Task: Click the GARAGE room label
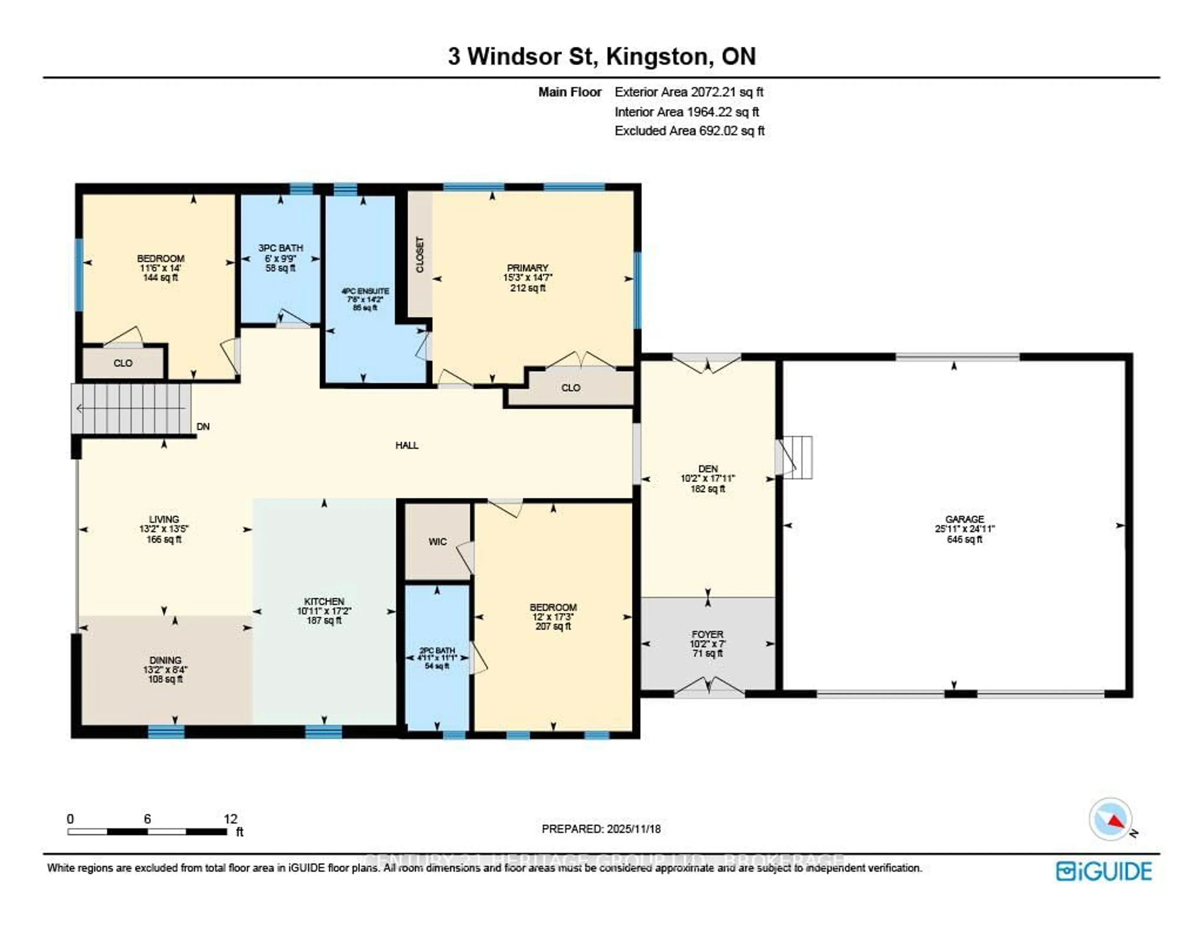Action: point(964,519)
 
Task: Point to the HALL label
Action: point(407,445)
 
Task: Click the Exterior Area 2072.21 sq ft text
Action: point(689,92)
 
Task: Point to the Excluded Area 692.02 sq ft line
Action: point(689,131)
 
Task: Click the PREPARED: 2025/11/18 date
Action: point(601,829)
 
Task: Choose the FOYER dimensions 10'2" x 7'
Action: point(707,644)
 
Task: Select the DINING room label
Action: point(165,660)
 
